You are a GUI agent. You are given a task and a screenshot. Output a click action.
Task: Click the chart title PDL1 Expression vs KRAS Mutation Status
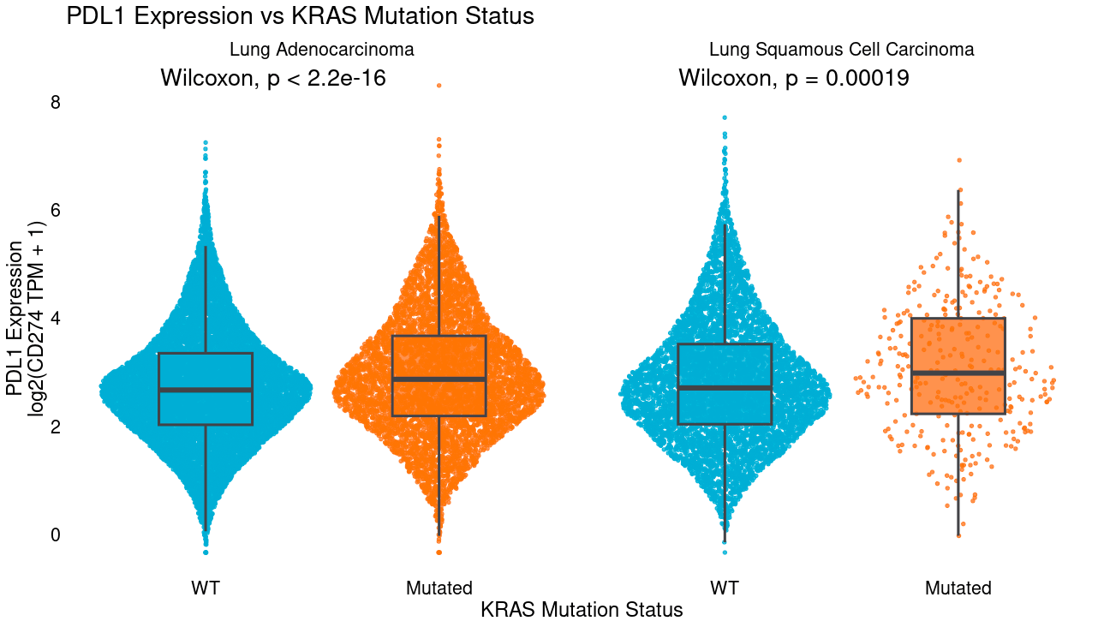300,16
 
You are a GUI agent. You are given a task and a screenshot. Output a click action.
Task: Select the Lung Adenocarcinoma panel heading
321,50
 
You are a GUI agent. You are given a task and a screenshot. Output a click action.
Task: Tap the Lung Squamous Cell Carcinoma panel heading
841,50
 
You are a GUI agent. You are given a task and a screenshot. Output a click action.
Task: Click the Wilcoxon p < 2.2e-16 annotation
273,79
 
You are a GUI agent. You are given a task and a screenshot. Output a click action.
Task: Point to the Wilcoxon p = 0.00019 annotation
793,79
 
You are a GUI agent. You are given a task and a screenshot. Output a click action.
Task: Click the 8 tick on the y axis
56,103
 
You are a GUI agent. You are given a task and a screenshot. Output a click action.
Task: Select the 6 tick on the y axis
56,211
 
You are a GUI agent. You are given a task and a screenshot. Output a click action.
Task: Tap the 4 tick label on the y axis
56,319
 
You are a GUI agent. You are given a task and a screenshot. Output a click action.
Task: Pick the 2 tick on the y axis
56,427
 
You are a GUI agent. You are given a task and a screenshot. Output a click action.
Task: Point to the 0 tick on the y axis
56,534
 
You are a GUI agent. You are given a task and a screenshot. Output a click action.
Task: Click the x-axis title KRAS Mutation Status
582,610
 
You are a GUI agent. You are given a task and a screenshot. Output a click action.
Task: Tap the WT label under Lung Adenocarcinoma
206,588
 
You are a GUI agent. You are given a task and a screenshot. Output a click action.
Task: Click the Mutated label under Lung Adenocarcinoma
439,588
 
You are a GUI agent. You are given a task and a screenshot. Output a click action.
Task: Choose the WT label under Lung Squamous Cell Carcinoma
725,588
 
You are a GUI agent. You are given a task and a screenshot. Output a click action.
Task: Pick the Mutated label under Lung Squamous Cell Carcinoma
958,588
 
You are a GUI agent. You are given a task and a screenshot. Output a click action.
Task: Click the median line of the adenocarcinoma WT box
206,390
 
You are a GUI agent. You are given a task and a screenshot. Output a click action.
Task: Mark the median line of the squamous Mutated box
958,373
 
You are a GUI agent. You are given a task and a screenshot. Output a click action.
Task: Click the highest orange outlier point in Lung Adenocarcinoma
439,86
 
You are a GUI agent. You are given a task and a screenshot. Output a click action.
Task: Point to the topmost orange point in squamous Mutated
958,160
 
